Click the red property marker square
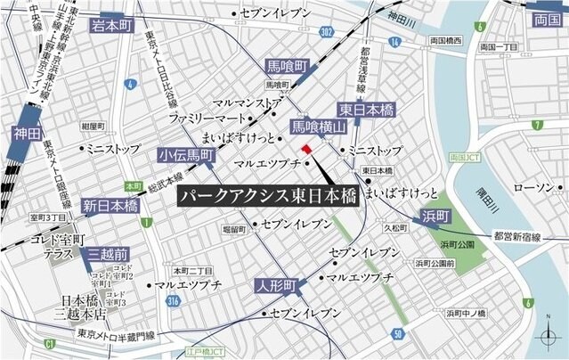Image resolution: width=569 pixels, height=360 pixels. (305, 149)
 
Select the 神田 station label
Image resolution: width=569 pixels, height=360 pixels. (28, 135)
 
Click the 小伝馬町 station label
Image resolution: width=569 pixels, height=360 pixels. (186, 155)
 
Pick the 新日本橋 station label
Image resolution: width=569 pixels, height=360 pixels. (111, 206)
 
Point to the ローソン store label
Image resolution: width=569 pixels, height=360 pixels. (533, 188)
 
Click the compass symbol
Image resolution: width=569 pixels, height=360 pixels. (548, 337)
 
